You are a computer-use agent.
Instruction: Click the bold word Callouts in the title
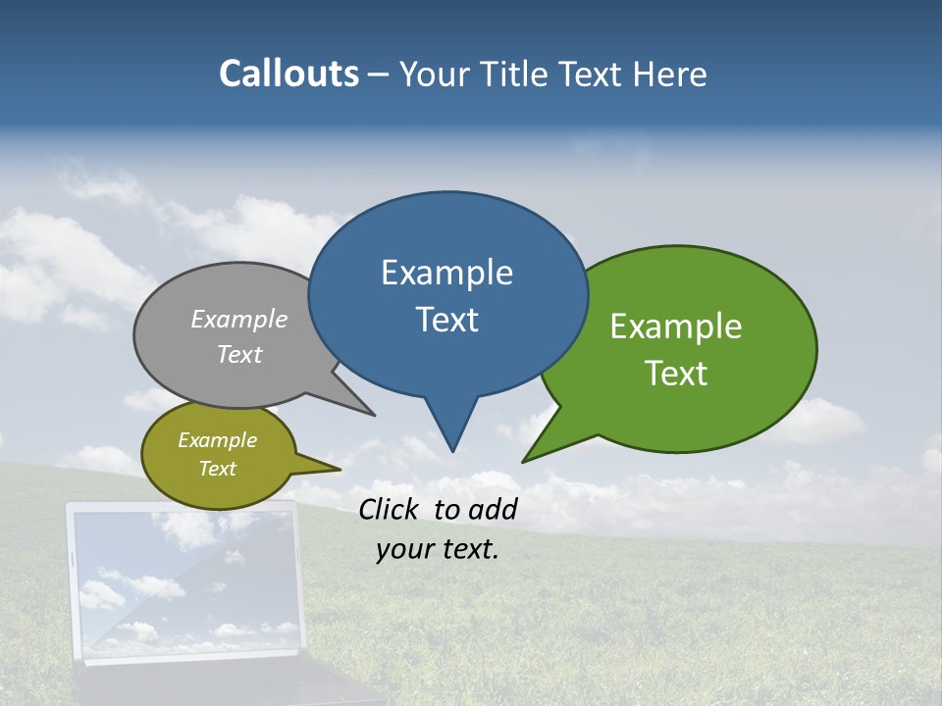(288, 74)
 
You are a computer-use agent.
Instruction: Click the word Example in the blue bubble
(446, 273)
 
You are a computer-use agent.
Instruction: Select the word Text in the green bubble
(677, 374)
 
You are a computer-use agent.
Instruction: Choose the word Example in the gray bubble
(239, 320)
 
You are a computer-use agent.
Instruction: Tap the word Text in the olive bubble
(217, 469)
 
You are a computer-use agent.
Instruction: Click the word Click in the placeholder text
(390, 509)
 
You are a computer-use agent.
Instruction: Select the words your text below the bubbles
(438, 550)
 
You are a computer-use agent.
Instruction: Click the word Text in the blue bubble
(447, 320)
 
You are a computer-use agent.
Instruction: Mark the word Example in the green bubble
(676, 327)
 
